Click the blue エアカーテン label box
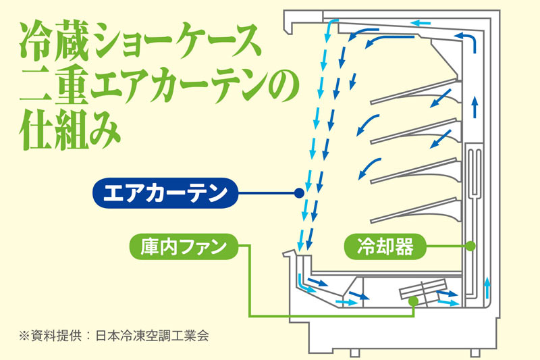point(165,193)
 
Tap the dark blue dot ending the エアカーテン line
point(298,193)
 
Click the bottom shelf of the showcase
point(415,209)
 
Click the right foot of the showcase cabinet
point(475,352)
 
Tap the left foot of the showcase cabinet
point(354,352)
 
